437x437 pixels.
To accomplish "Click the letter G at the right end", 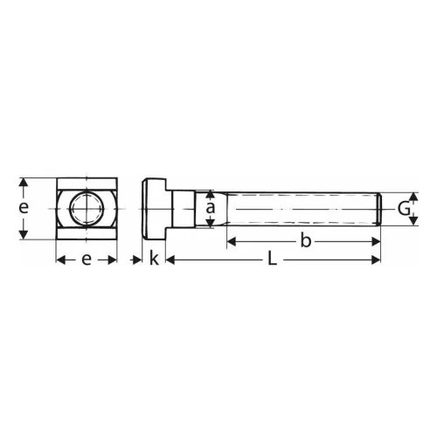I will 403,209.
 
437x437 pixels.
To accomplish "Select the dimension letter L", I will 272,260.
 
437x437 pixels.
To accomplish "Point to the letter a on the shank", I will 210,209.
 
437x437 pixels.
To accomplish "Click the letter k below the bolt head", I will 154,260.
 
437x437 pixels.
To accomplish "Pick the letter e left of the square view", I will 24,208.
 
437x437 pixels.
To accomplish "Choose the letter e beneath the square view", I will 87,260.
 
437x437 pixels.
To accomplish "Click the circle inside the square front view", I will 87,209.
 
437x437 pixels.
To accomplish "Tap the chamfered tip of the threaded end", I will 378,209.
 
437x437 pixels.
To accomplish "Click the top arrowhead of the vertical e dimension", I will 25,183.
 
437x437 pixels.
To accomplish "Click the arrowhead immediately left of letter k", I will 138,260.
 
